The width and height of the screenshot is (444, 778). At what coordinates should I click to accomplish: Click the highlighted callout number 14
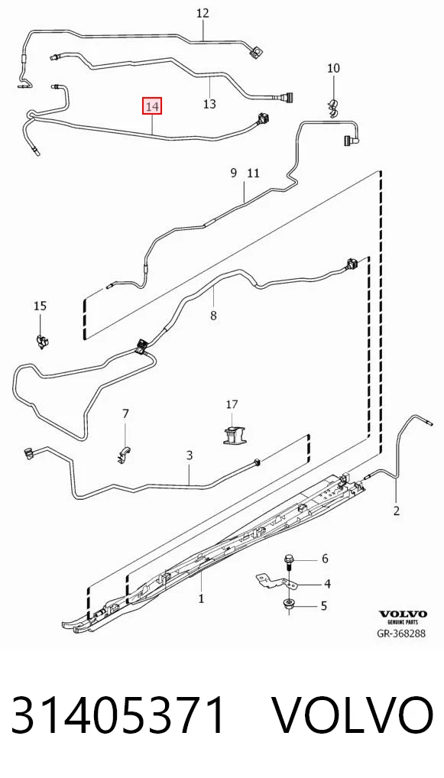tap(152, 106)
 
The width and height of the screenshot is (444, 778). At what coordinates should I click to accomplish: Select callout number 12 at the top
tap(203, 14)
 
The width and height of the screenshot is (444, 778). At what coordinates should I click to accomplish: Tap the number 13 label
tap(210, 104)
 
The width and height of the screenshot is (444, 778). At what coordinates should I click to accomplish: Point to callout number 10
tap(333, 68)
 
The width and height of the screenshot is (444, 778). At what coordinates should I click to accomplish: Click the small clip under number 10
tap(333, 109)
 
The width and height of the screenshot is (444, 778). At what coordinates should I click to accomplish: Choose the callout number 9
tap(234, 173)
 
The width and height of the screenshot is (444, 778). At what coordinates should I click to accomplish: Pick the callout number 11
tap(253, 173)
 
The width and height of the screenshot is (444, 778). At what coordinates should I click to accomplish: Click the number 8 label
tap(213, 315)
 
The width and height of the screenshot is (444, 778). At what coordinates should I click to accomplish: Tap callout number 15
tap(41, 306)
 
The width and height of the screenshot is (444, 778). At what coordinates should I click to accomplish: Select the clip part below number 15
tap(42, 342)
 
